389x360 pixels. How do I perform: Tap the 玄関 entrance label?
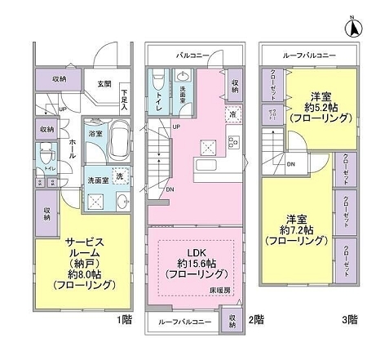(x=104, y=83)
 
